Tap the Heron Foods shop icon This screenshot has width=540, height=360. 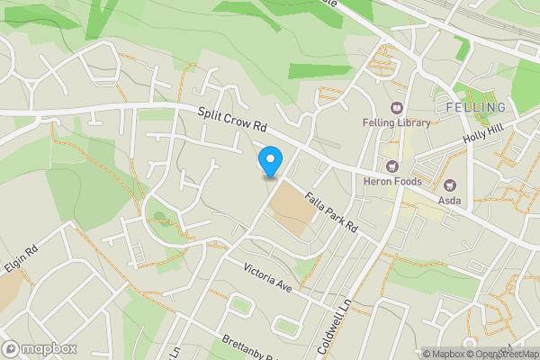pyautogui.click(x=392, y=166)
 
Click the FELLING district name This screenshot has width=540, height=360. pyautogui.click(x=475, y=108)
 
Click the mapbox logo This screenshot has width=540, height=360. pyautogui.click(x=40, y=348)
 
